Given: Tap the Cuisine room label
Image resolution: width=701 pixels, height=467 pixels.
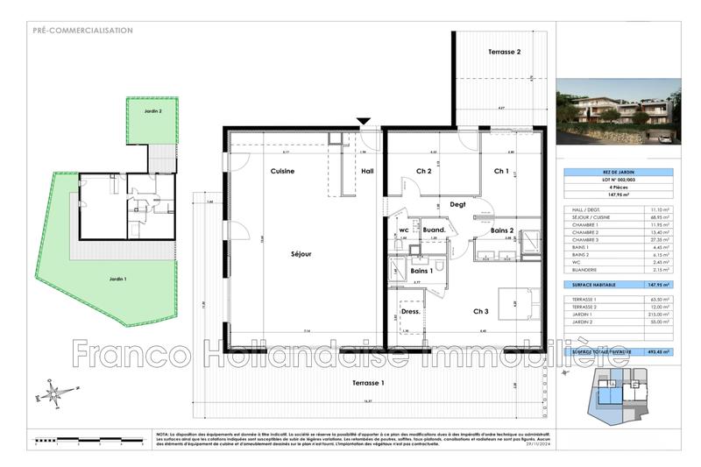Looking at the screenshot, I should point(281,171).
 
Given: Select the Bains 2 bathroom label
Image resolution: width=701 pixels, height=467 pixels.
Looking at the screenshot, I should point(501,231).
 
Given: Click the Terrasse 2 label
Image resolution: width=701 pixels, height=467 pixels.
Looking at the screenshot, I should point(504,53).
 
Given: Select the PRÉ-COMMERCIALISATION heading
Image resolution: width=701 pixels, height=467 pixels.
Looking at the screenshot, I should point(82,31).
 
